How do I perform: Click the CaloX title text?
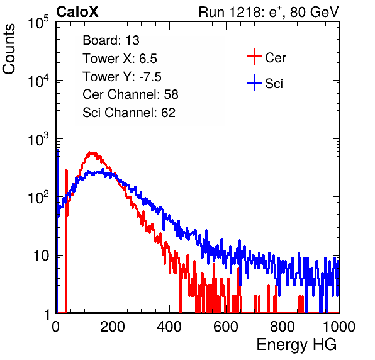(x=77, y=12)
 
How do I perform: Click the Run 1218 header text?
(x=269, y=12)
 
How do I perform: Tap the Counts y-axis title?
(x=9, y=49)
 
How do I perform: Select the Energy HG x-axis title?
(x=296, y=345)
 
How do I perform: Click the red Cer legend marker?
(x=254, y=57)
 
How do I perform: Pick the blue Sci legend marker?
(x=254, y=83)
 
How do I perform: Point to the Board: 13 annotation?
(x=111, y=40)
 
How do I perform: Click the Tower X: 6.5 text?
(x=120, y=59)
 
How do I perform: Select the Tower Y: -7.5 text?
(x=122, y=77)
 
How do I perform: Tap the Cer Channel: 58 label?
(x=130, y=94)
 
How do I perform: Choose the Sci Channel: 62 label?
(x=129, y=113)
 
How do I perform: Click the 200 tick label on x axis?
(x=113, y=327)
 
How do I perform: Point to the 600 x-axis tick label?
(x=226, y=327)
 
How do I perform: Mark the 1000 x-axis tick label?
(x=339, y=327)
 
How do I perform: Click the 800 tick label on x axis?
(x=283, y=327)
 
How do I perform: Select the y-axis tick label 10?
(x=41, y=256)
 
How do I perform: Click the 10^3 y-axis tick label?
(x=38, y=139)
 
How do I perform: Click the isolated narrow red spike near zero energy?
(x=66, y=191)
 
